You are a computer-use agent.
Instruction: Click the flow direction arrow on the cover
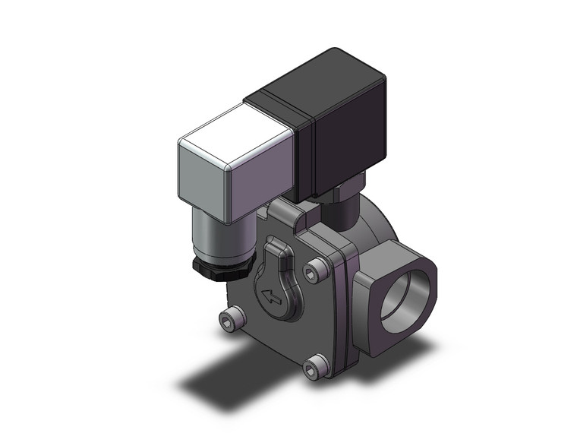(x=271, y=295)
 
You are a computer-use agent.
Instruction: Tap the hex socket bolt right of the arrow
(x=318, y=270)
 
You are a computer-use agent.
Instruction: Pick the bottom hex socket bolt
(x=314, y=369)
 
